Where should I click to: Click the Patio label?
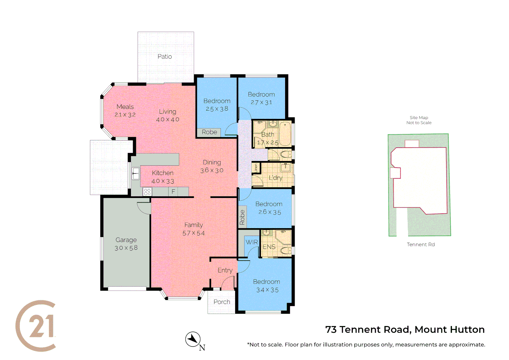165,57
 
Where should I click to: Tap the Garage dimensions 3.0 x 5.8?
126,248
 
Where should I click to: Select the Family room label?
194,225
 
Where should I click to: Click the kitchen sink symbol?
136,173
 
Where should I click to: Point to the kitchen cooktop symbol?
147,192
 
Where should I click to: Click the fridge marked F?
173,192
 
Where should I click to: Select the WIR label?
252,242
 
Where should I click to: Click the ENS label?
269,247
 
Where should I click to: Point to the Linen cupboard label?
256,168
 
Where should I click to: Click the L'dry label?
275,178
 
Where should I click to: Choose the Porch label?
222,302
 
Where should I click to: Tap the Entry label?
225,270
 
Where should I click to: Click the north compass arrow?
193,339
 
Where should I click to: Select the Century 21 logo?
36,326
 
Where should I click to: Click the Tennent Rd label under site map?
420,245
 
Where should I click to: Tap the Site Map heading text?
419,118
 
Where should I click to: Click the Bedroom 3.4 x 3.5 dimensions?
267,290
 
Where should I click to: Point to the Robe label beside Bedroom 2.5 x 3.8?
209,132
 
